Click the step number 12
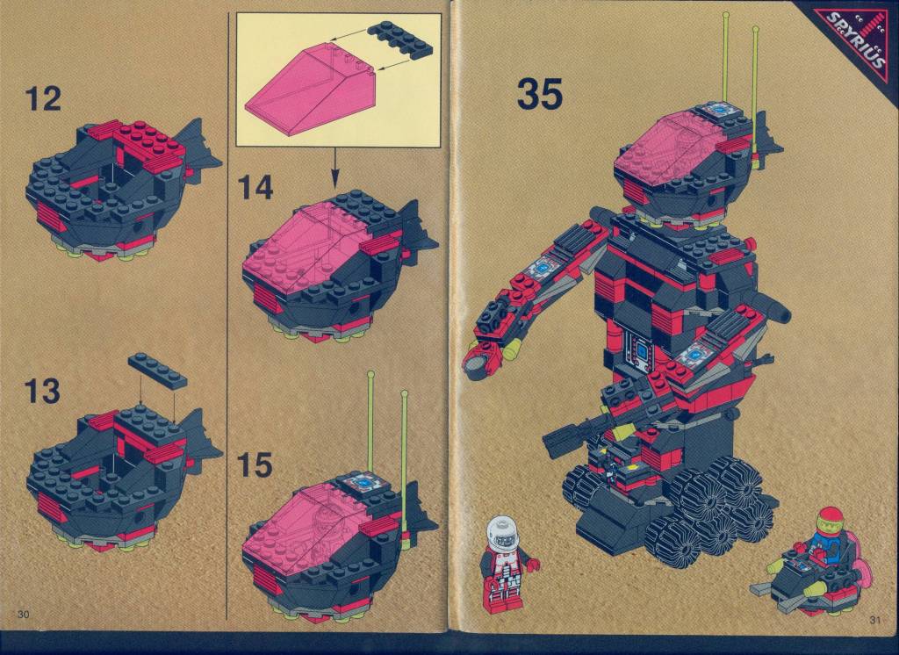[x=43, y=99]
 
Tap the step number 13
[x=42, y=391]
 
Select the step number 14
[x=255, y=187]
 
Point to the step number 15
[x=255, y=464]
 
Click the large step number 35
[x=540, y=93]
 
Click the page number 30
[x=23, y=615]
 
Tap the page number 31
[x=875, y=619]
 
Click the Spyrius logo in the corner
[x=856, y=39]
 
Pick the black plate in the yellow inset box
[x=400, y=39]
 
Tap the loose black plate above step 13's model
[x=158, y=371]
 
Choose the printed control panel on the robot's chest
[x=642, y=350]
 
